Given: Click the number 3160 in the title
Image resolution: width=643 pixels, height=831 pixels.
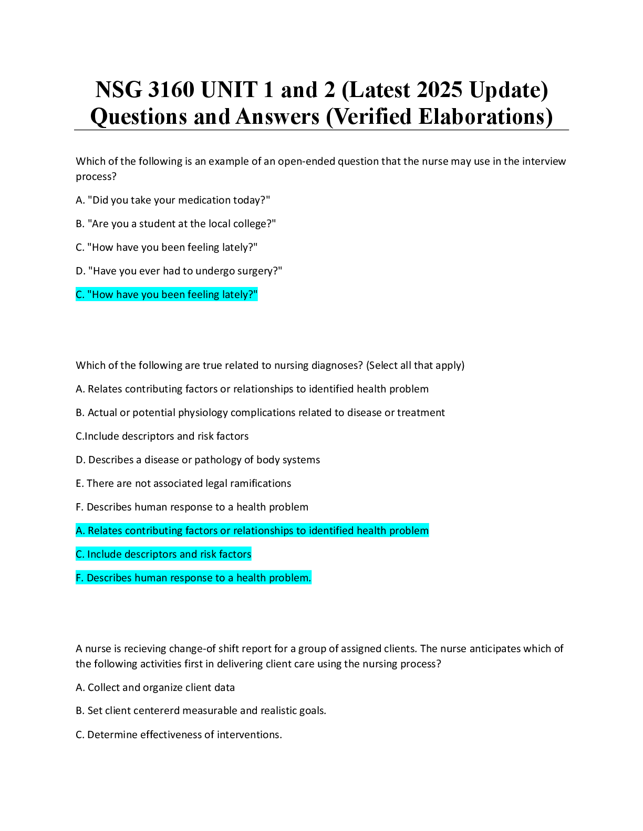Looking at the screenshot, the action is [x=171, y=90].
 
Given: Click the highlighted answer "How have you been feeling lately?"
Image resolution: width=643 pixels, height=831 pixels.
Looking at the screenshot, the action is [x=167, y=294].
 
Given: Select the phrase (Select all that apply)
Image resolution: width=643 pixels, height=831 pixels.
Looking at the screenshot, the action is [x=415, y=366].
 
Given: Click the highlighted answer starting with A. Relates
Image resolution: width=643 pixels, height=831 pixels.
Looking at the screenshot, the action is [x=252, y=530].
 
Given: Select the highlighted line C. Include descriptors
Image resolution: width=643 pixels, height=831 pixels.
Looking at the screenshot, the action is [x=163, y=554].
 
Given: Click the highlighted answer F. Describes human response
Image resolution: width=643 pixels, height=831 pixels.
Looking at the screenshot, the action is [x=193, y=578].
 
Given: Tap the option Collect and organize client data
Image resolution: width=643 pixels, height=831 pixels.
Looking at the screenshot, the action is [x=155, y=688].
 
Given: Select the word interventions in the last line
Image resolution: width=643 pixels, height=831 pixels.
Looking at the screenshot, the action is [x=250, y=734].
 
